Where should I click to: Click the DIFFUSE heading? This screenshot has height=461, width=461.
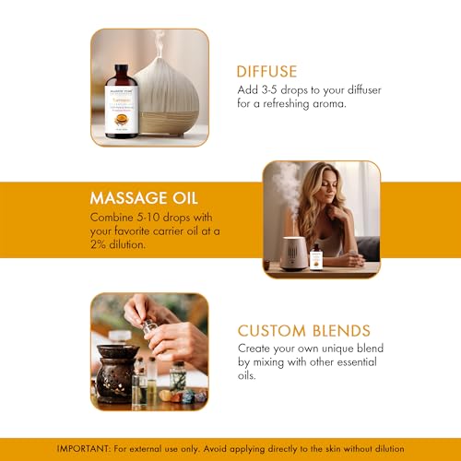coord(266,71)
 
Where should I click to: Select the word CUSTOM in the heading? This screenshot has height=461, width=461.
coord(272,331)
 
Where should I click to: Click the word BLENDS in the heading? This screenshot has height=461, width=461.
coord(341,331)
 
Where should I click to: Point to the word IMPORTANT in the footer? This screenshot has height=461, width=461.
coord(83,449)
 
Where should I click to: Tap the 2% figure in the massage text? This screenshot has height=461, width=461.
coord(98,244)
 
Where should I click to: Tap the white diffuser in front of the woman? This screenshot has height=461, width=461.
coord(292,254)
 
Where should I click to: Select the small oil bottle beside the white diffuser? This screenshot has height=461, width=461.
coord(316,256)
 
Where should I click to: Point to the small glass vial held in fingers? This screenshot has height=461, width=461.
coord(148,327)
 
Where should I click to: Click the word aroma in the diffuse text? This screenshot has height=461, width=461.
coord(329,104)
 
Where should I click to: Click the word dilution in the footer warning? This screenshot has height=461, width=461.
coord(388,449)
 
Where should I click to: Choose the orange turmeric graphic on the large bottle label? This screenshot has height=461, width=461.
coord(121,119)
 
